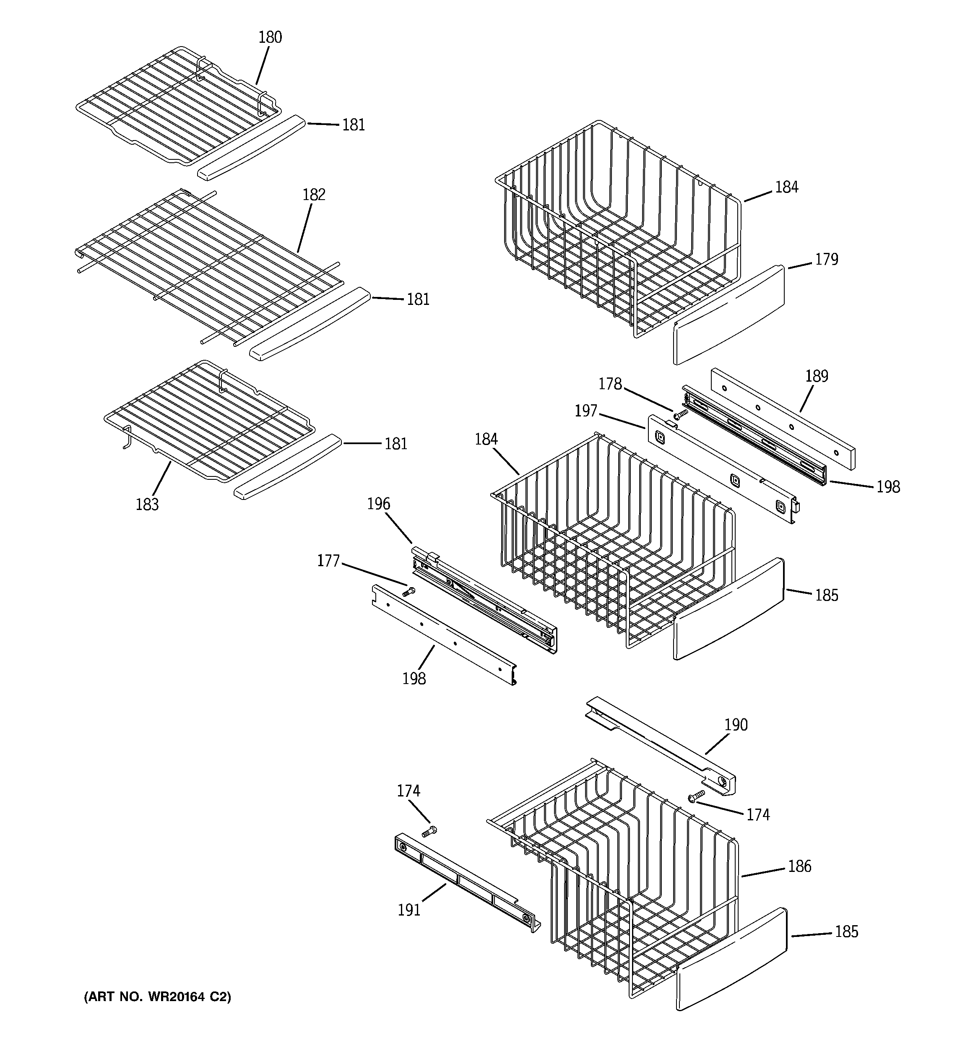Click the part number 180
pos(270,38)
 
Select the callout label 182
pos(314,195)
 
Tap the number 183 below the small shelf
pos(147,505)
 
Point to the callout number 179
pos(826,260)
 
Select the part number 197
pos(585,411)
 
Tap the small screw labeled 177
pos(409,592)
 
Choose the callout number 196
pos(379,504)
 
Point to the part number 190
pos(736,725)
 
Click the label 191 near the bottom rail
pos(409,910)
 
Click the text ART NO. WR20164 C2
pos(157,997)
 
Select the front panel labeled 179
pos(728,313)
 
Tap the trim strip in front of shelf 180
pos(251,148)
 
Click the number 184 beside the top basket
pos(786,187)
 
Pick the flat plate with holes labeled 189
pos(783,418)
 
